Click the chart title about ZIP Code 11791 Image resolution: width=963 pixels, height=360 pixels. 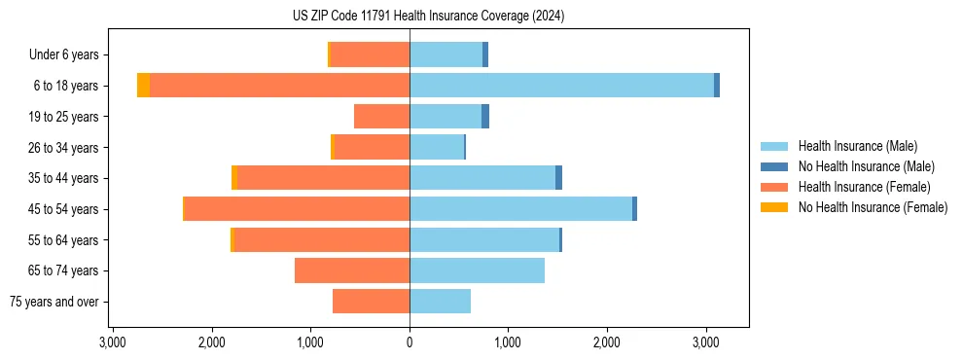coord(428,16)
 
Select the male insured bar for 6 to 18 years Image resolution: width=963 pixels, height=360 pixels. coord(561,86)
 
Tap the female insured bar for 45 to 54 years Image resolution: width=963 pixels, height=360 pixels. coord(297,208)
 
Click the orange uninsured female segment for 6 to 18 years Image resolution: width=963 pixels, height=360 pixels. coord(143,86)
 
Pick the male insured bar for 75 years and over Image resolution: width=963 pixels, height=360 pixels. coord(440,302)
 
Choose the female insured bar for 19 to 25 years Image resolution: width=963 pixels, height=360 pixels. coord(381,117)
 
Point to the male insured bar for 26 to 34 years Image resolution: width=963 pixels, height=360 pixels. coord(437,147)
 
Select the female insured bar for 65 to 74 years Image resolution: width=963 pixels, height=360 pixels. coord(352,270)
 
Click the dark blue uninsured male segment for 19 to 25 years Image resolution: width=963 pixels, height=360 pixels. coord(485,117)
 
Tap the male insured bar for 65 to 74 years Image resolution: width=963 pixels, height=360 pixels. coord(477,270)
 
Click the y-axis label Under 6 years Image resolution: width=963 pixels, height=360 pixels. coord(70,55)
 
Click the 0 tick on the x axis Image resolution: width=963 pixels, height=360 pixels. coord(410,343)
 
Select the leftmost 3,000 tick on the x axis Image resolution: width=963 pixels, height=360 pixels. coord(113,343)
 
